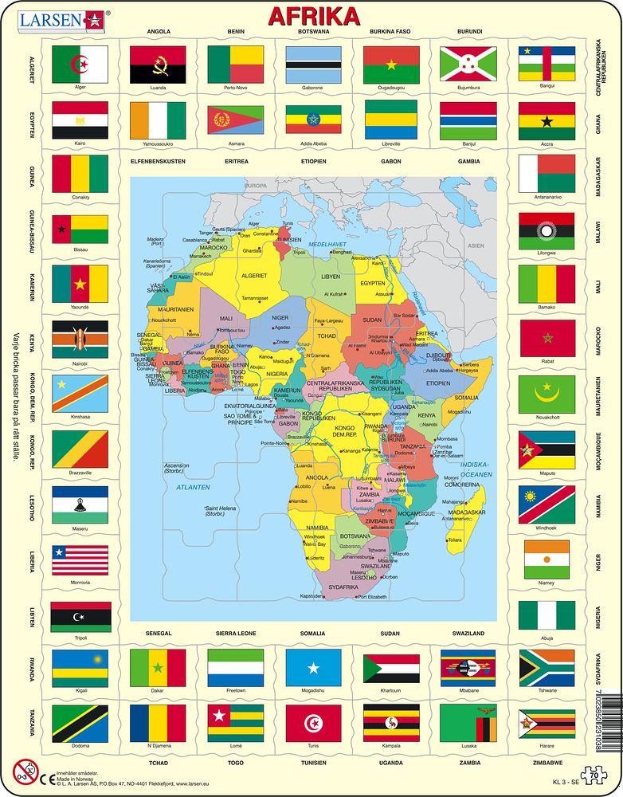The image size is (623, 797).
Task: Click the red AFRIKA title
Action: point(313,16)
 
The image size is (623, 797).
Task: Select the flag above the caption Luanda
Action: point(157,65)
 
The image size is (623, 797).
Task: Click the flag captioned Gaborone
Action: point(313,65)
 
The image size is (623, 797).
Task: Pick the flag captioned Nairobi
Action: point(80,340)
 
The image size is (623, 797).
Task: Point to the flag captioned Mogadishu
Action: point(313,668)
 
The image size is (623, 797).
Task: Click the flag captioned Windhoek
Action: point(546,505)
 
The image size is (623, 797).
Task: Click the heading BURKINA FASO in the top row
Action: point(390,32)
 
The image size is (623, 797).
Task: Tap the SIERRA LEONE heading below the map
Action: point(235,633)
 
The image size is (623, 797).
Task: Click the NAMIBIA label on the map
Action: point(318,528)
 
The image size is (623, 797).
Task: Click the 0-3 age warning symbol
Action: point(24,770)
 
